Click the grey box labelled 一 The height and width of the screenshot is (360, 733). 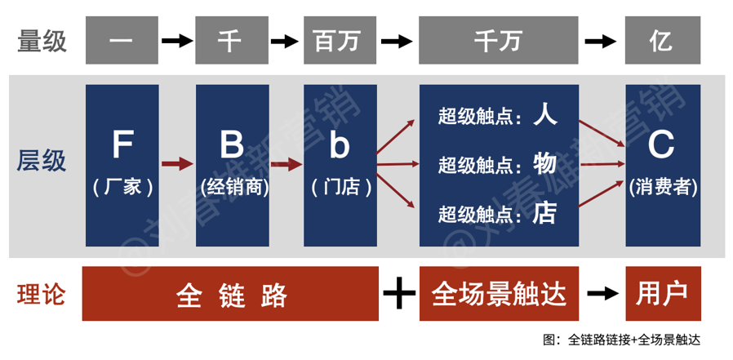[x=122, y=41]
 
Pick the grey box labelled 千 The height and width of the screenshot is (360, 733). [x=231, y=41]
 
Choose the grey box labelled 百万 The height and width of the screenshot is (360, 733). [x=341, y=41]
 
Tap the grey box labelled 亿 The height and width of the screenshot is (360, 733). [x=662, y=41]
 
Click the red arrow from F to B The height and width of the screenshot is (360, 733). [x=177, y=165]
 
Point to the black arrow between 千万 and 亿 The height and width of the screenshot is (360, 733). [x=602, y=41]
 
